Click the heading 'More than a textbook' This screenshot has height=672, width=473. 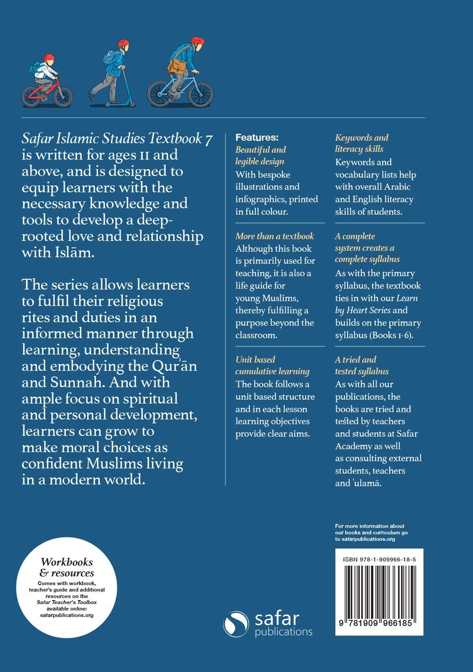click(274, 236)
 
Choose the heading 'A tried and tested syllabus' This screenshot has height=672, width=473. click(362, 365)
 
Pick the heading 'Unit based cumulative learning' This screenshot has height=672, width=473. click(272, 365)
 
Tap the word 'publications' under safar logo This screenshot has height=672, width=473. click(283, 632)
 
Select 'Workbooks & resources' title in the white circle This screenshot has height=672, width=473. click(67, 567)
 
